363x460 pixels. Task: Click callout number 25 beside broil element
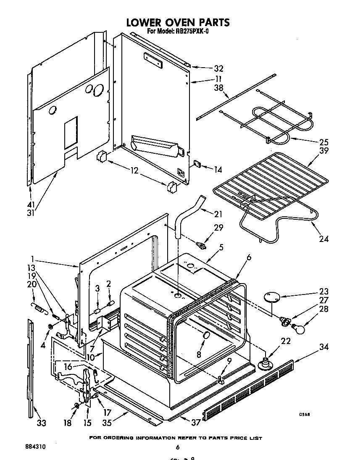(324, 142)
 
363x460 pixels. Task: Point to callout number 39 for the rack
(324, 151)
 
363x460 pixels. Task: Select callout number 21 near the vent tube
(218, 214)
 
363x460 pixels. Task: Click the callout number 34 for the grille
(324, 347)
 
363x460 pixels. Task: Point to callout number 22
(286, 341)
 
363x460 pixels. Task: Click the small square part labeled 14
(197, 164)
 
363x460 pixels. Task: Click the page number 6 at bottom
(178, 447)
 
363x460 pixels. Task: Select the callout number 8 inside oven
(199, 354)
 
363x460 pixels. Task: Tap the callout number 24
(324, 239)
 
